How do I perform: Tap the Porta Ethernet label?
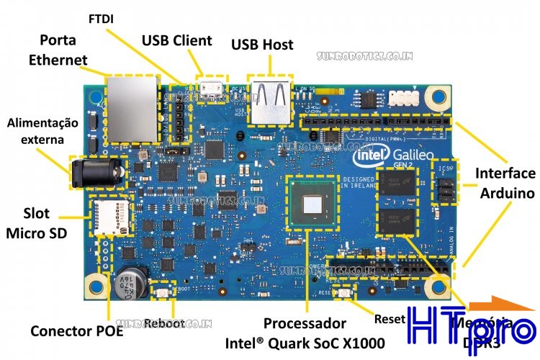tap(58, 49)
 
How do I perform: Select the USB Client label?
tap(176, 40)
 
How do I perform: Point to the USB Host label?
tap(262, 45)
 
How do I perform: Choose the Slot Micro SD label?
tap(35, 223)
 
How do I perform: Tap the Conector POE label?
tap(76, 331)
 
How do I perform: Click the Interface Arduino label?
tap(505, 183)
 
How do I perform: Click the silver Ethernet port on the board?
tap(132, 108)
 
